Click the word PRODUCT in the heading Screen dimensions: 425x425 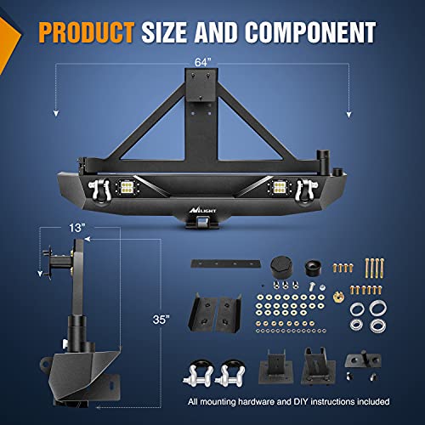tap(86, 32)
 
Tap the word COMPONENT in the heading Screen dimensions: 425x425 tap(310, 32)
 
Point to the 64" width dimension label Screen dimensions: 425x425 tap(203, 62)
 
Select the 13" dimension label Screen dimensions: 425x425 tap(77, 228)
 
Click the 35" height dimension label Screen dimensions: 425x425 tap(161, 320)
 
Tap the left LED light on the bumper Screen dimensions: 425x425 tap(125, 187)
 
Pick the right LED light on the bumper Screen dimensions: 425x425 tap(279, 187)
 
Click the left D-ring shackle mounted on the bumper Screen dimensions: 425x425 tap(99, 190)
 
